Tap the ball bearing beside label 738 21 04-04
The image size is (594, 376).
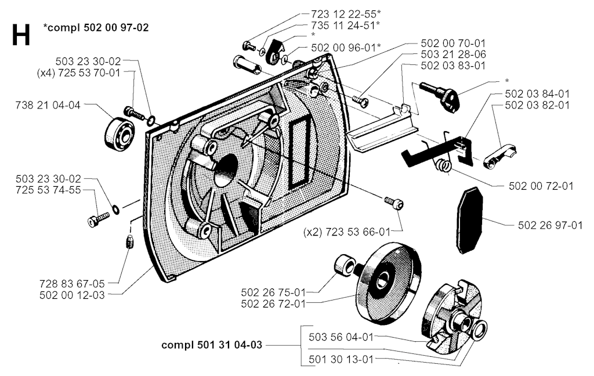tap(119, 133)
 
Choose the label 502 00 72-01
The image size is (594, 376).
tap(541, 186)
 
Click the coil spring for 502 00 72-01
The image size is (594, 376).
tap(444, 165)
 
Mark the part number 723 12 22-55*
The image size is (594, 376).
tap(342, 13)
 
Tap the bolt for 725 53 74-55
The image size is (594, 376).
tap(98, 219)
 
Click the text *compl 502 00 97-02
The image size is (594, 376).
tap(95, 27)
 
